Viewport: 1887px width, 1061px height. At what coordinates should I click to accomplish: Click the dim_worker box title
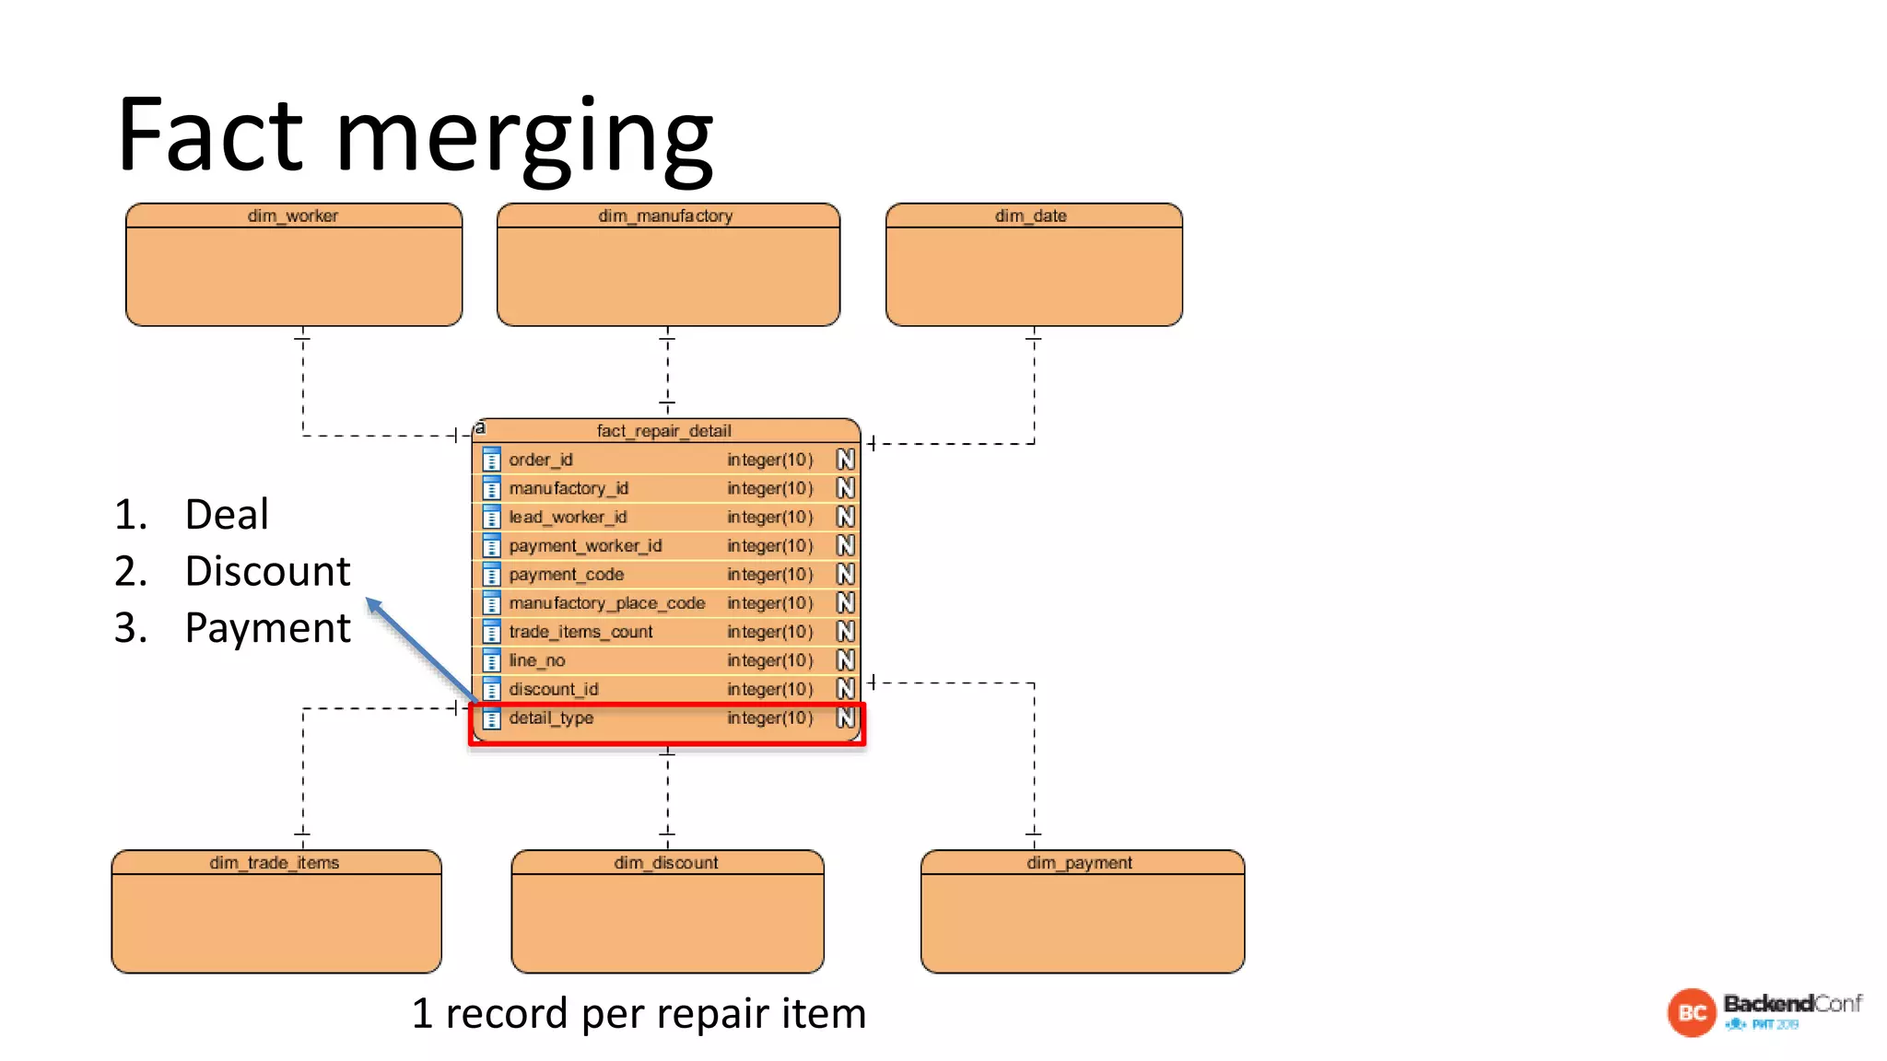pyautogui.click(x=293, y=216)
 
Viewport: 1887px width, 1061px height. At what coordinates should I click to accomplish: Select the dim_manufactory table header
pyautogui.click(x=665, y=216)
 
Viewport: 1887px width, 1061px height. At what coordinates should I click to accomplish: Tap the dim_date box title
pyautogui.click(x=1031, y=216)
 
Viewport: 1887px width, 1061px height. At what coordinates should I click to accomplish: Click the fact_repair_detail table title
pyautogui.click(x=663, y=430)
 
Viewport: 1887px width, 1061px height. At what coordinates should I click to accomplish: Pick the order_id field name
pyautogui.click(x=541, y=460)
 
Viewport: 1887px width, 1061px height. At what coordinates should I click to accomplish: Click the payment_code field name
pyautogui.click(x=567, y=575)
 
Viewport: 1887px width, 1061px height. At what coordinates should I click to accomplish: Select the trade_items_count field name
pyautogui.click(x=580, y=632)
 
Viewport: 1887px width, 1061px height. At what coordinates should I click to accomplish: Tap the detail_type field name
pyautogui.click(x=551, y=717)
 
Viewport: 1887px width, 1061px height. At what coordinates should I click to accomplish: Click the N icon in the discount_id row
pyautogui.click(x=846, y=689)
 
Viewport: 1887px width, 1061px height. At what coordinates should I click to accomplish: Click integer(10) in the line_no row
pyautogui.click(x=769, y=660)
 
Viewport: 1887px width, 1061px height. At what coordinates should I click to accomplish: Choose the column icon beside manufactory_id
pyautogui.click(x=492, y=488)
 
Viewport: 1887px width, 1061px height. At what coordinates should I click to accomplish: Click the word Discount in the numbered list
pyautogui.click(x=267, y=571)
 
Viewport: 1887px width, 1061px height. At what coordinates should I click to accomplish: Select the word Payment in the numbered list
pyautogui.click(x=267, y=628)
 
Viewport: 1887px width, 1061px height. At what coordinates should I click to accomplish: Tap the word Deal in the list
pyautogui.click(x=227, y=514)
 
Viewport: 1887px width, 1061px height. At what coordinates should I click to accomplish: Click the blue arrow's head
pyautogui.click(x=373, y=605)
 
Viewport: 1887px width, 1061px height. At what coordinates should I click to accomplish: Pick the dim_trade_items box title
pyautogui.click(x=275, y=863)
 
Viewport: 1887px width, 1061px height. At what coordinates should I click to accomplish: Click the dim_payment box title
pyautogui.click(x=1080, y=863)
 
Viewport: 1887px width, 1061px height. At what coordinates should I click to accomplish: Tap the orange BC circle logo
pyautogui.click(x=1692, y=1012)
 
